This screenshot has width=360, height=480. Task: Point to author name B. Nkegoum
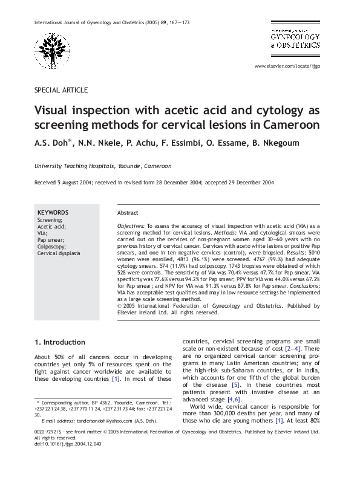click(275, 143)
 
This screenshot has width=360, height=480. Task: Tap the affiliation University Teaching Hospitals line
click(102, 166)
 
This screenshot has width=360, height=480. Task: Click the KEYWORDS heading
click(53, 213)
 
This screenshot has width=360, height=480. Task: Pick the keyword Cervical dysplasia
click(59, 253)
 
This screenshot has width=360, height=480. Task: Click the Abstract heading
click(128, 213)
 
